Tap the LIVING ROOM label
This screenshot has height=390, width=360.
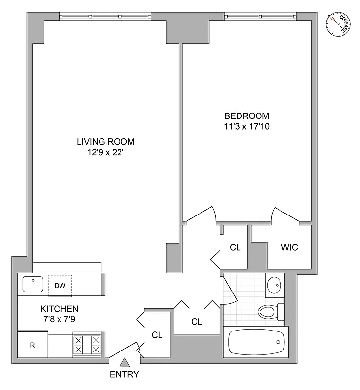point(105,142)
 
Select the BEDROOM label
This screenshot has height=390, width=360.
point(247,116)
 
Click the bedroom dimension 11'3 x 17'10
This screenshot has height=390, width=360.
point(247,126)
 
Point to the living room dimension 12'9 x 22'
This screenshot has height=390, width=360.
point(105,152)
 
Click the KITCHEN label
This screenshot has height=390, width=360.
point(59,309)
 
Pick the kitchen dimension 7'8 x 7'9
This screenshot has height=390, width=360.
point(59,319)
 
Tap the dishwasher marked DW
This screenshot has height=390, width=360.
point(60,285)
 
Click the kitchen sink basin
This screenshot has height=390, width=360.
point(33,284)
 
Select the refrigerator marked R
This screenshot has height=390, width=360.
point(33,346)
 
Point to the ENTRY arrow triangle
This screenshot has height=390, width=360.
point(124,363)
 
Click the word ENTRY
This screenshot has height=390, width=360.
point(124,375)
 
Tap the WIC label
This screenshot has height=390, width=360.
point(289,247)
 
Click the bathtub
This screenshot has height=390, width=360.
point(256,344)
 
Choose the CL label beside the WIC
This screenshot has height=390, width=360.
point(235,247)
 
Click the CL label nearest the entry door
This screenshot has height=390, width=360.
point(157,335)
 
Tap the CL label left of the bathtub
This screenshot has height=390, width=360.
point(197,321)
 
